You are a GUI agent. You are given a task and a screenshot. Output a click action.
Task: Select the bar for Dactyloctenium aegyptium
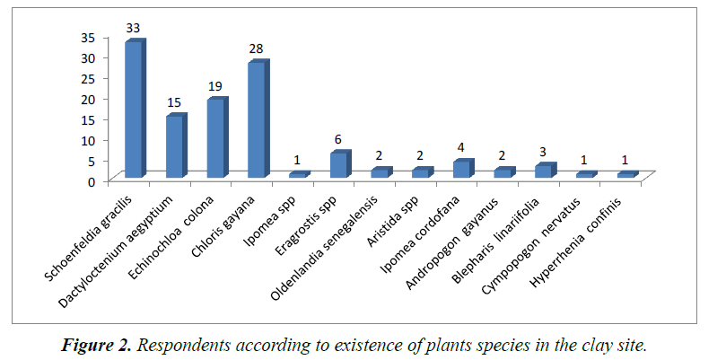coord(175,146)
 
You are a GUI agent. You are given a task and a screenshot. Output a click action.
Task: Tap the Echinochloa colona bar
coord(216,138)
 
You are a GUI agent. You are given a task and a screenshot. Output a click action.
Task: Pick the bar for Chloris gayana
coord(257,119)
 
